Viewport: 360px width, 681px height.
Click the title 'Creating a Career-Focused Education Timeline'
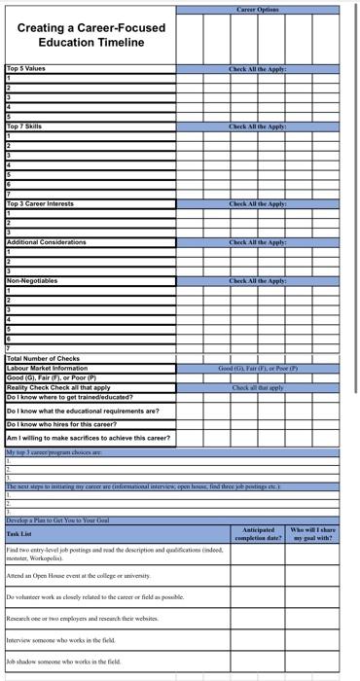(x=90, y=35)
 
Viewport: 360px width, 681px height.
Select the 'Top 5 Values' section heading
(x=26, y=69)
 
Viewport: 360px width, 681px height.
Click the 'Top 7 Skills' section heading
(x=24, y=126)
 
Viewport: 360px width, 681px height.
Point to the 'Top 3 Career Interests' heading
(x=40, y=203)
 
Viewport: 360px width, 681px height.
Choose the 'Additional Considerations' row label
(x=46, y=241)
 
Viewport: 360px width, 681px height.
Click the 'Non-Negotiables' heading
(x=32, y=280)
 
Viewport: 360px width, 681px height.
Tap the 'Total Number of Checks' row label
(x=43, y=359)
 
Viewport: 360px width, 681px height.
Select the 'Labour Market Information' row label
(x=47, y=369)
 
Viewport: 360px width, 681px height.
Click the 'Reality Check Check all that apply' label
(x=58, y=387)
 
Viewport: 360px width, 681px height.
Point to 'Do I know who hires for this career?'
(x=61, y=424)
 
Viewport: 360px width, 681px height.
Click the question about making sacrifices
(x=88, y=439)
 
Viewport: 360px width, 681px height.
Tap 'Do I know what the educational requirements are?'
(x=83, y=411)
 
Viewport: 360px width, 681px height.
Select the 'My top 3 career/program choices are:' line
(x=54, y=452)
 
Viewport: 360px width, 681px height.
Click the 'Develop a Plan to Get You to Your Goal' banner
(x=57, y=520)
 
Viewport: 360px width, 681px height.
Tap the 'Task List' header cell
(x=19, y=534)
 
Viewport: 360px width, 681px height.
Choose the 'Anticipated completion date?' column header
(x=258, y=534)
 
